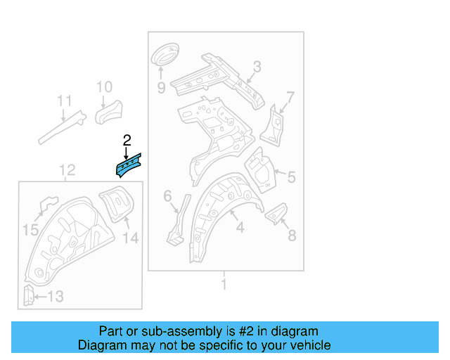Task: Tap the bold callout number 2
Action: click(127, 141)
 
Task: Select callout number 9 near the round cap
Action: click(161, 88)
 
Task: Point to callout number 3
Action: click(257, 67)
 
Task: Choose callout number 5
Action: click(292, 177)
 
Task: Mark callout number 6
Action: click(167, 196)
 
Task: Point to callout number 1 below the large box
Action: click(224, 285)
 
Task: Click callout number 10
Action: click(103, 87)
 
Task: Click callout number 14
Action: click(131, 238)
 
